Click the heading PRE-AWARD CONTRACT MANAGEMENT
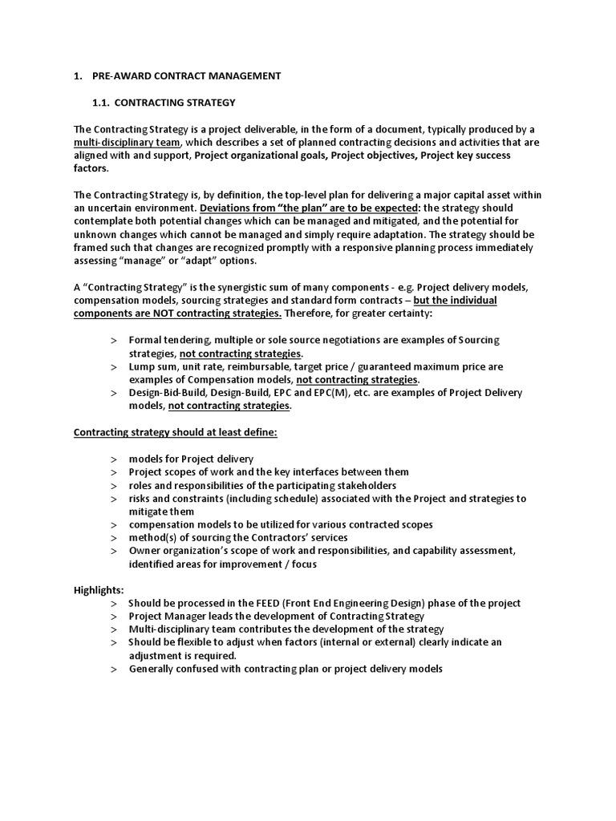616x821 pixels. pos(186,76)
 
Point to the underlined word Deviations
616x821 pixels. pos(227,208)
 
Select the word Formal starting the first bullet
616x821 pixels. pos(146,340)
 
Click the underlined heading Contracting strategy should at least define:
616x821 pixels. pos(176,432)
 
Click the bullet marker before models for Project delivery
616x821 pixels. pos(114,459)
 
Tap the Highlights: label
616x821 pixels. pos(99,589)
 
